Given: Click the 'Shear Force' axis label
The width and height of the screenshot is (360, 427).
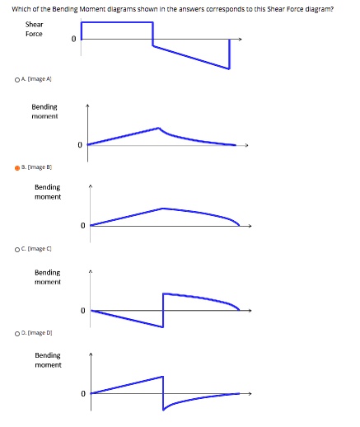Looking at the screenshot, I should point(35,29).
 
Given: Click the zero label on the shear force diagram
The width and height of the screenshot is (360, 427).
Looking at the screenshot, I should point(73,39).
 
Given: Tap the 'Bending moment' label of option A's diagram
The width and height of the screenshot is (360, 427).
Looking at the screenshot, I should point(44,111).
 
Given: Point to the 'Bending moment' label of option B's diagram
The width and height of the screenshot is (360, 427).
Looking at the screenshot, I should point(47,192).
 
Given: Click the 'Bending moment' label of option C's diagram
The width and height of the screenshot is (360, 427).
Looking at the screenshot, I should point(47,276).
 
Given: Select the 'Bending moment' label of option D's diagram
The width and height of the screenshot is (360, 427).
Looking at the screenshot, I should point(47,359).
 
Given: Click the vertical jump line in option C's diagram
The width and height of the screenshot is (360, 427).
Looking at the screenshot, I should point(163,309).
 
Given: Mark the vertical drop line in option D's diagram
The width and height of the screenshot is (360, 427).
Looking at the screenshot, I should point(163,392).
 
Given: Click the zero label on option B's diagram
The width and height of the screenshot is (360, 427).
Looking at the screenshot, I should point(82,225).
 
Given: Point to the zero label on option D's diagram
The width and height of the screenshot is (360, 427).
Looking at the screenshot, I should point(82,393).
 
